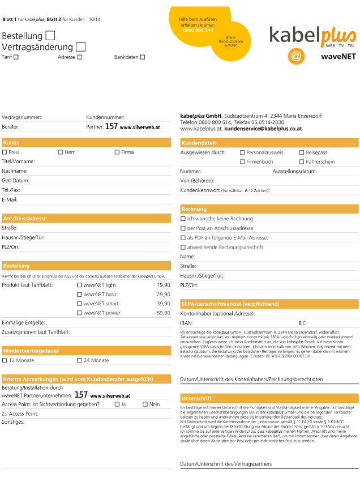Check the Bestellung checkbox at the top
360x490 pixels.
[x=50, y=36]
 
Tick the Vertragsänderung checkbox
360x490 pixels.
[x=80, y=46]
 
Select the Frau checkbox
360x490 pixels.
[x=5, y=152]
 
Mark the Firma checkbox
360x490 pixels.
[x=117, y=152]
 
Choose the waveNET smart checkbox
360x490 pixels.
[x=79, y=304]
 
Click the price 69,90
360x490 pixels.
[x=163, y=313]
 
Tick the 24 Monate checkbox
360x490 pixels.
[x=79, y=360]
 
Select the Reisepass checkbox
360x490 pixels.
[x=301, y=152]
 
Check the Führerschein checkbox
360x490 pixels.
[x=301, y=161]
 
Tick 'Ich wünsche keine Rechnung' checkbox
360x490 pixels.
[x=183, y=219]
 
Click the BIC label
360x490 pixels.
[x=303, y=322]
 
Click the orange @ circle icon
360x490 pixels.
[x=296, y=56]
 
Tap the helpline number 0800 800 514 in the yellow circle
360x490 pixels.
[x=198, y=30]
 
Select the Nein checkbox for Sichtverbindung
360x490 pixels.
[x=145, y=404]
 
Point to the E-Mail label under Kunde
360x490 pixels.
[x=10, y=199]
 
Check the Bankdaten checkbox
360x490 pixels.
[x=143, y=57]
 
